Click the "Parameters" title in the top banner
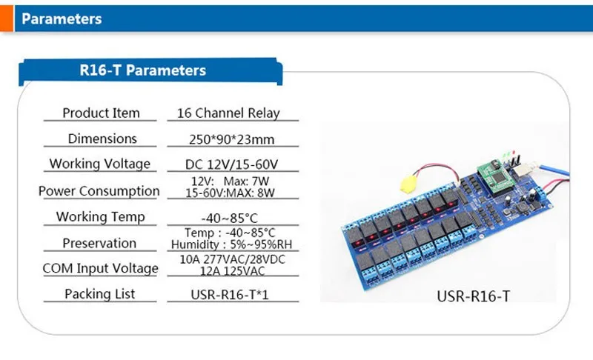pos(62,19)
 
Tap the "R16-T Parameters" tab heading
pos(142,70)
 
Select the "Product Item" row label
pos(101,113)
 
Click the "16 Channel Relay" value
pos(228,113)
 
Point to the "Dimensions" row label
pos(102,139)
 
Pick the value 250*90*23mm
pos(231,139)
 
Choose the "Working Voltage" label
pos(100,164)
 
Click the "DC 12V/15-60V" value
pos(231,164)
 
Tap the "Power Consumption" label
pos(99,191)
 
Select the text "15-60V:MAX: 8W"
pos(230,193)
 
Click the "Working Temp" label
pos(101,217)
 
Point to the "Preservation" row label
pos(99,243)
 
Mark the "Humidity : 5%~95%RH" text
pos(231,244)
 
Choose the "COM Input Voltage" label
pos(100,269)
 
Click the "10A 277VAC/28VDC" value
pos(232,259)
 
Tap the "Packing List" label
pos(99,294)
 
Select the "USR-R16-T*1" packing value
pos(230,295)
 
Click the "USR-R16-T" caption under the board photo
pos(473,296)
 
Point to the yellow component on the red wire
pos(408,184)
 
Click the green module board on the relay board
pos(494,176)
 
